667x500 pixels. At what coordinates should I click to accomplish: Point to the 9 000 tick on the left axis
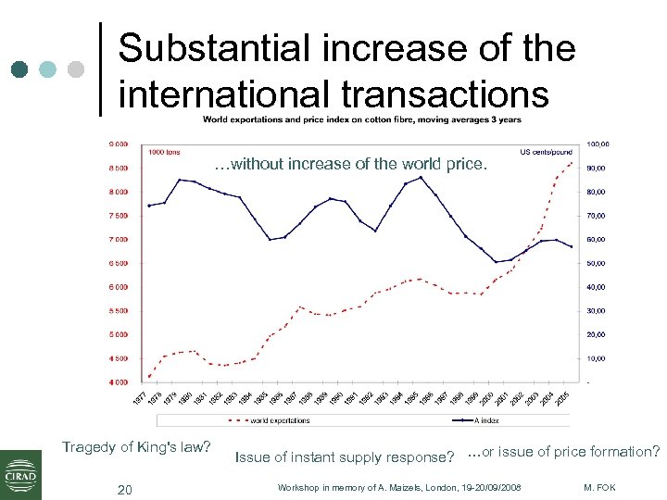pos(119,144)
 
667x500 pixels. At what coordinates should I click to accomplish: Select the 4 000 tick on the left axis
pos(119,381)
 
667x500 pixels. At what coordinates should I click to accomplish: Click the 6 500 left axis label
pos(119,263)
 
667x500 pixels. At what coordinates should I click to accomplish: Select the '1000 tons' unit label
pos(164,151)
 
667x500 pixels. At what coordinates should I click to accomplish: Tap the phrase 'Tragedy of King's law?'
pos(136,447)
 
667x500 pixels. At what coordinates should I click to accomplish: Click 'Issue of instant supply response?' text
pos(345,456)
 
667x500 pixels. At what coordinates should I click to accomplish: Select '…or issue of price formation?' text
pos(563,452)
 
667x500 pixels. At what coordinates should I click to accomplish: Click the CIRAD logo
pos(20,473)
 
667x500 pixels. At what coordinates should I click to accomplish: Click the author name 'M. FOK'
pos(602,487)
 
